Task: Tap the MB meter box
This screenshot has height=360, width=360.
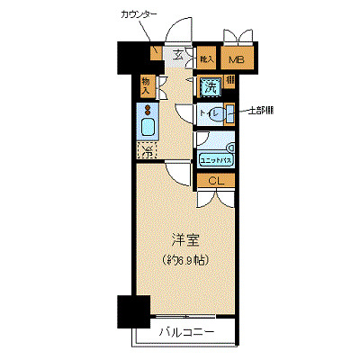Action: click(x=236, y=60)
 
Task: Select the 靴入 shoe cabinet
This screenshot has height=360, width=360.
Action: click(x=206, y=59)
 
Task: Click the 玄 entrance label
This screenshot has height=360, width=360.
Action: click(x=178, y=56)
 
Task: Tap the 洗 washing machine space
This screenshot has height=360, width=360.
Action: click(x=210, y=87)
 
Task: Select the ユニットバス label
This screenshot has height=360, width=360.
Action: click(x=216, y=158)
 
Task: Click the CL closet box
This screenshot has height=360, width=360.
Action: click(x=216, y=181)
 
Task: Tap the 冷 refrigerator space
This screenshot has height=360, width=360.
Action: click(x=147, y=151)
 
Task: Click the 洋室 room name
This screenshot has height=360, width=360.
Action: click(x=186, y=240)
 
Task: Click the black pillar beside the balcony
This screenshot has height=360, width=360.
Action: click(x=132, y=311)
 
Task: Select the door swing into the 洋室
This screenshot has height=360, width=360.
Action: click(x=177, y=172)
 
